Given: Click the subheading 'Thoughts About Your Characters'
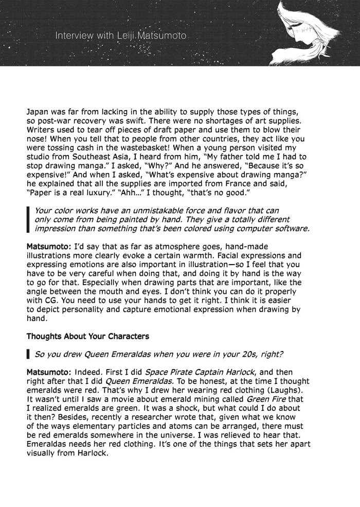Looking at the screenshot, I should (x=88, y=337).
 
